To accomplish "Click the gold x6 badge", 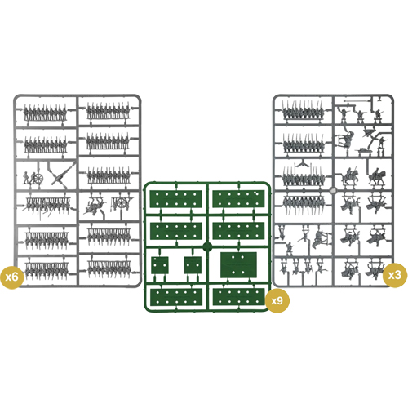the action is pos(12,277).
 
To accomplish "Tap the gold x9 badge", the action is pos(277,301).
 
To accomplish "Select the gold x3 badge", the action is pos(394,276).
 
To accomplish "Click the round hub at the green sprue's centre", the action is pos(207,247).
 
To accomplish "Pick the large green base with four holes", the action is pos(238,264).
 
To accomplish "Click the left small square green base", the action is pos(160,265).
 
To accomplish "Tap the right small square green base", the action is pos(193,265).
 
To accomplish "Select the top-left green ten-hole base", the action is pos(176,199).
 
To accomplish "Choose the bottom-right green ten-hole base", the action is pos(239,297).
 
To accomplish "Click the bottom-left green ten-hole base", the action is pos(176,297).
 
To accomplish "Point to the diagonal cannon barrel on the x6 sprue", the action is pos(64,173).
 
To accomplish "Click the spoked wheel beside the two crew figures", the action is pos(39,179).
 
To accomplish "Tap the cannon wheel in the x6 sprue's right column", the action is pos(122,202).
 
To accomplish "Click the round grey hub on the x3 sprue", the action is pos(333,190).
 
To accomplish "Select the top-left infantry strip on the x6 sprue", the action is pos(45,113).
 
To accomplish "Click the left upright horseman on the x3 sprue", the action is pos(348,176).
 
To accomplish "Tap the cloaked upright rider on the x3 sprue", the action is pos(377,177).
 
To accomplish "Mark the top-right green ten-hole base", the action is pos(238,199).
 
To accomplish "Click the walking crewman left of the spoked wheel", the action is pos(26,178).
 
